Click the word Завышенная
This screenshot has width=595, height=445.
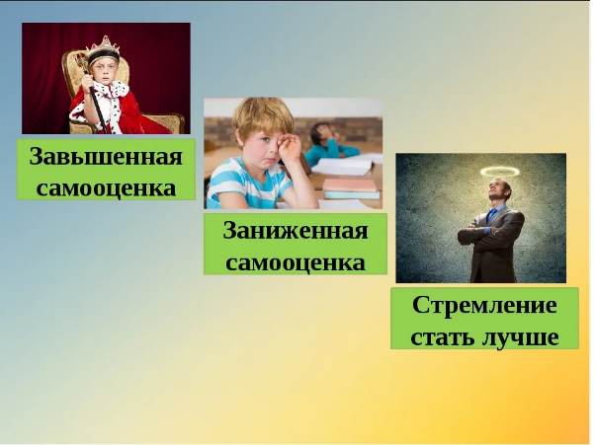(106, 156)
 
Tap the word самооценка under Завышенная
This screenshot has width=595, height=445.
(106, 187)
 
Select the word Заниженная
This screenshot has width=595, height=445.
(296, 230)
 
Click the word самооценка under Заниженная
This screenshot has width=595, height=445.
(296, 262)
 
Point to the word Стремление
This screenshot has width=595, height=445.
(484, 305)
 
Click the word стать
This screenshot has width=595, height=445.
(443, 337)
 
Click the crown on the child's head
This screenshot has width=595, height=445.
(104, 49)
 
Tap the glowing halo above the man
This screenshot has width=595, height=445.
(500, 172)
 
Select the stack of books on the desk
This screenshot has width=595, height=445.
(351, 188)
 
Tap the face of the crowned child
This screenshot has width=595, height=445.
(104, 72)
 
